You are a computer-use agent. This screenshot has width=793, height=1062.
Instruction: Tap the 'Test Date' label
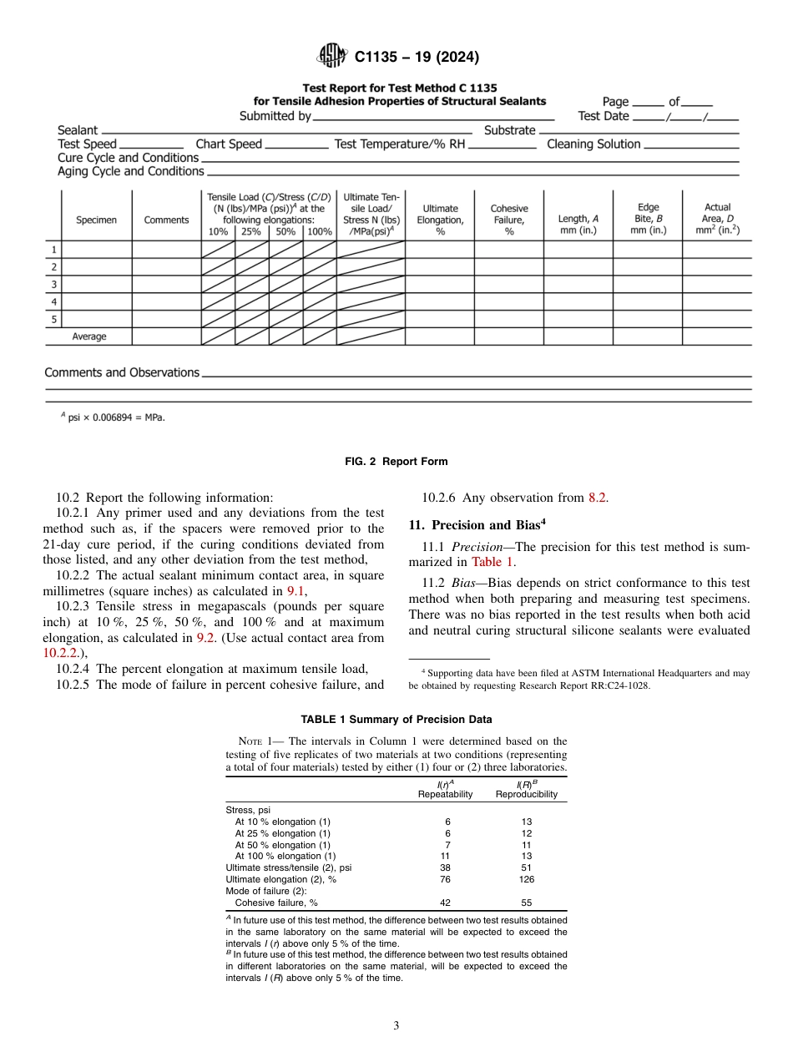(603, 116)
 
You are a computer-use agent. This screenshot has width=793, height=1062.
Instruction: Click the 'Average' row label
(89, 337)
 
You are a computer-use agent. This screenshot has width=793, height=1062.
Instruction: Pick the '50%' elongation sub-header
(285, 232)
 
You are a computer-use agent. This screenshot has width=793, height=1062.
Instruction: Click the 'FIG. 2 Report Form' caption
(396, 462)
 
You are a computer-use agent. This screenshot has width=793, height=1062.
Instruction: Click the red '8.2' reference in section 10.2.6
(597, 498)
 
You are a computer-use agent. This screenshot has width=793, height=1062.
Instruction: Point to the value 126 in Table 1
(526, 879)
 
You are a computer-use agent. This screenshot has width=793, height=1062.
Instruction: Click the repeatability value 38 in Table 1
(445, 867)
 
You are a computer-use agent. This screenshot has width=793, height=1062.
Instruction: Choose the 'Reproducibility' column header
(526, 794)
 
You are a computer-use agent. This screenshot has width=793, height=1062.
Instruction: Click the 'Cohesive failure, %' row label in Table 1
(276, 903)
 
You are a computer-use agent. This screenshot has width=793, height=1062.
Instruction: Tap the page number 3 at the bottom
(396, 1026)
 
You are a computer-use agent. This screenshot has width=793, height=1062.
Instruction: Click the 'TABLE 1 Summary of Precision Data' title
(396, 719)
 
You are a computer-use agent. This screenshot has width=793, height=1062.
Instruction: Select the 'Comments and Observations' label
(122, 372)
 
